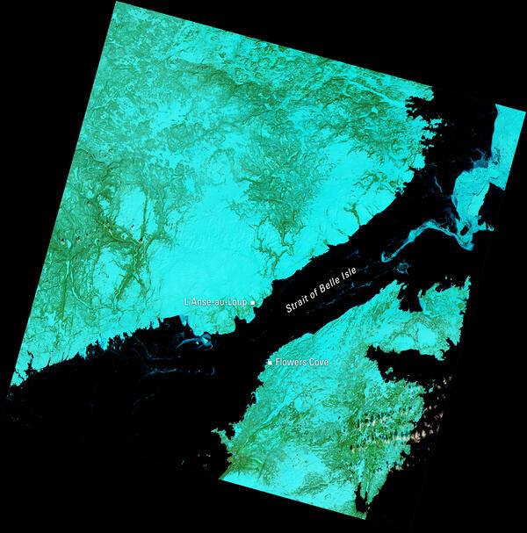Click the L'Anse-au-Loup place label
(x=216, y=302)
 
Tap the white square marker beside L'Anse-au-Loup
(x=253, y=302)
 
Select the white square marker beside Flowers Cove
(x=270, y=362)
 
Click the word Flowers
(x=291, y=362)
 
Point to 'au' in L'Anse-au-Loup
(x=220, y=302)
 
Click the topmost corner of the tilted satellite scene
(x=114, y=2)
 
